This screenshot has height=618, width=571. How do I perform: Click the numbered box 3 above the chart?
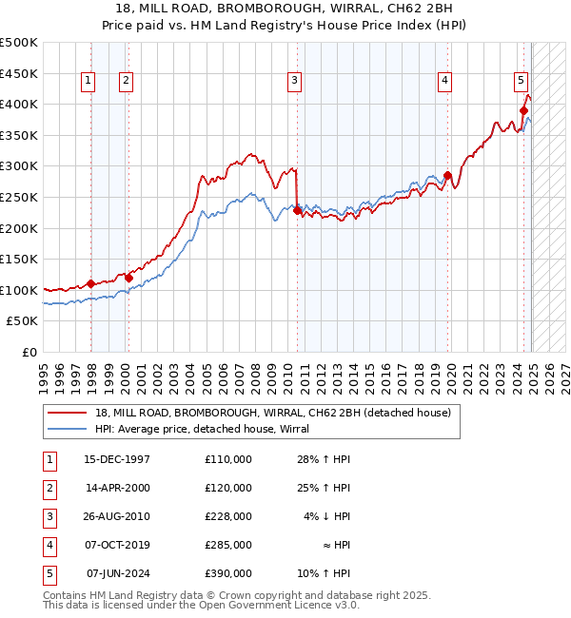click(295, 82)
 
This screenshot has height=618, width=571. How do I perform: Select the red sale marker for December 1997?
click(91, 283)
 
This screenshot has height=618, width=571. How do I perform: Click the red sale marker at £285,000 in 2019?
click(447, 175)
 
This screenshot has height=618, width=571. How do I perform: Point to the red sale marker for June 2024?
click(523, 110)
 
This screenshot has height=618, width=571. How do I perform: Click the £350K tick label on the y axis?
click(19, 135)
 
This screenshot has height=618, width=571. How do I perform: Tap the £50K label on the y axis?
click(23, 321)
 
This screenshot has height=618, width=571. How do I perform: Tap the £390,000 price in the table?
click(228, 573)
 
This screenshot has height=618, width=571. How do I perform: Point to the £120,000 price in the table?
click(228, 488)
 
